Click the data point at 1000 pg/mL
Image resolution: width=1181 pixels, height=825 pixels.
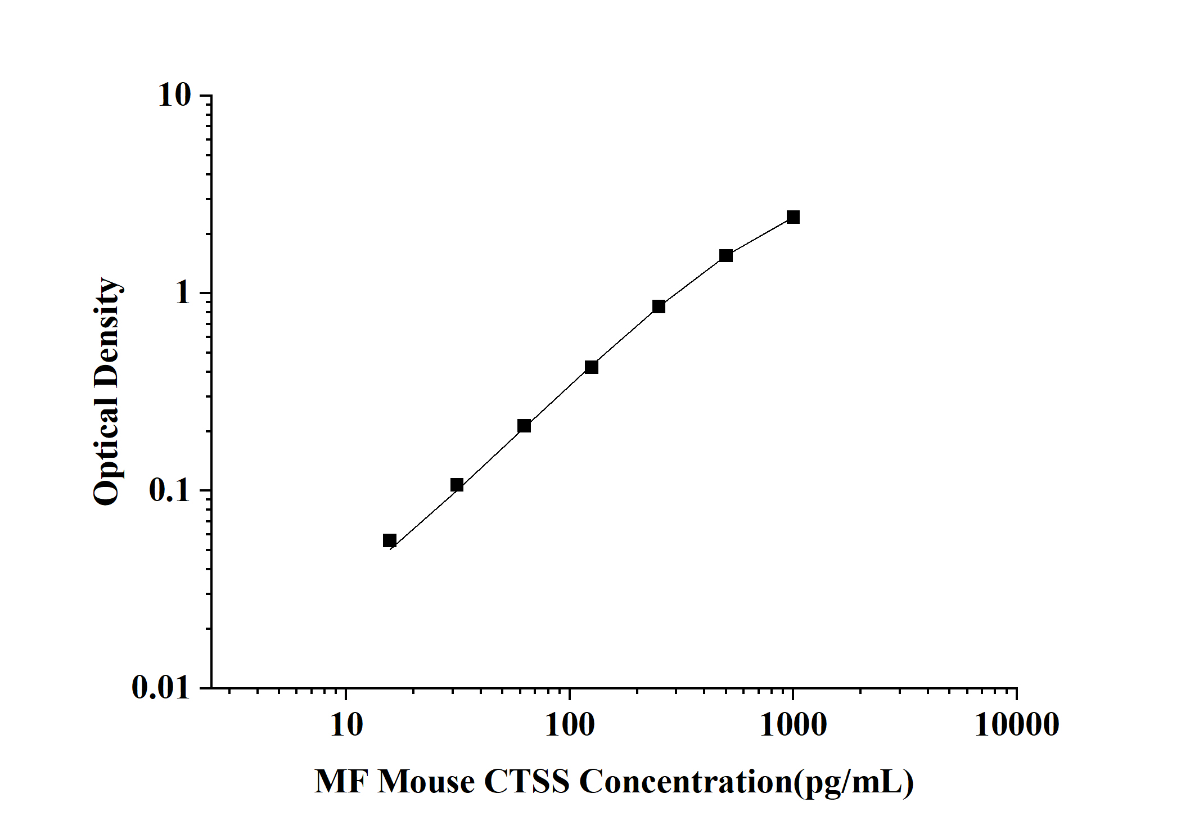coord(793,217)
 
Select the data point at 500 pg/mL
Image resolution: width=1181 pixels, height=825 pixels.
coord(726,256)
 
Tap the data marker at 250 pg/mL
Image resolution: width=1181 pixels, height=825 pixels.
coord(659,306)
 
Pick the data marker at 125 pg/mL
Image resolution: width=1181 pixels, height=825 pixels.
coord(592,367)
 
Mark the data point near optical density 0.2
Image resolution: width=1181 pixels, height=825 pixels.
coord(524,426)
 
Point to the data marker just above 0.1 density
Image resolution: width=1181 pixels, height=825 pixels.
coord(457,485)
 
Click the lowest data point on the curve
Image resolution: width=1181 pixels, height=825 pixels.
coord(390,540)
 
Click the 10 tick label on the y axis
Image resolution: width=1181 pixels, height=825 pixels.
coord(175,96)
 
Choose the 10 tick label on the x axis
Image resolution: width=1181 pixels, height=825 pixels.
coord(346,725)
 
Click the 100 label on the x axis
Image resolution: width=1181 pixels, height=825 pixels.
coord(570,725)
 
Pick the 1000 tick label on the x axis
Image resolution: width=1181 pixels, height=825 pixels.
coord(793,725)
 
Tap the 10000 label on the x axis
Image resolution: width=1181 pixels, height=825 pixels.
coord(1017,725)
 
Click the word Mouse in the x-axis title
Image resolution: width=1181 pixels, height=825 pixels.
coord(426,782)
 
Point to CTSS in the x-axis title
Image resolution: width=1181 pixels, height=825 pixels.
coord(526,782)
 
